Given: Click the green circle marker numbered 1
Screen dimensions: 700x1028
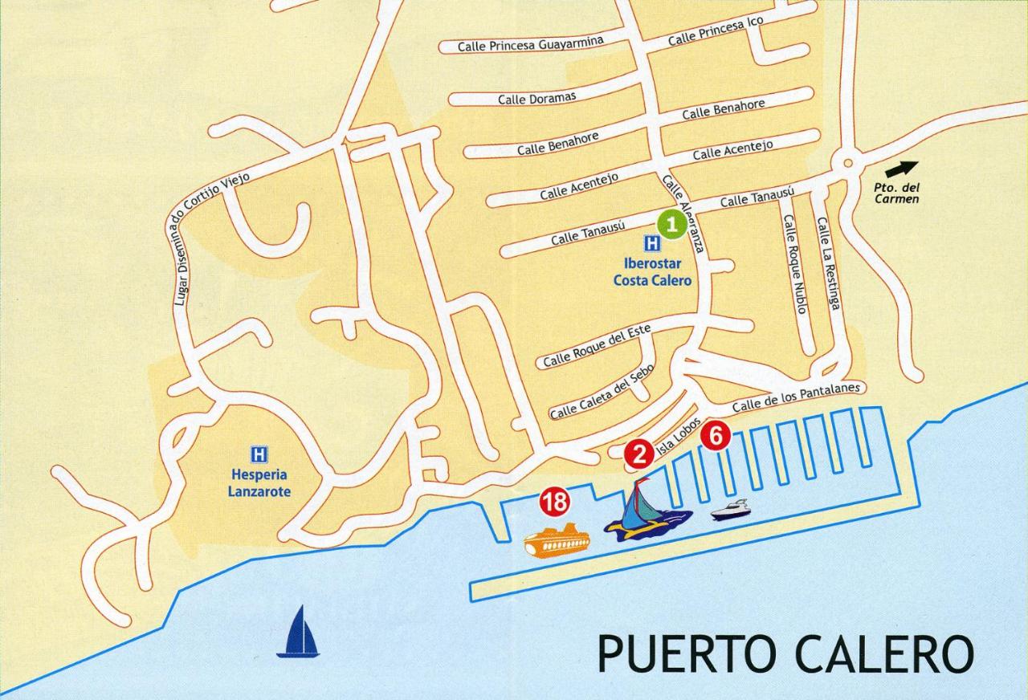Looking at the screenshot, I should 672,225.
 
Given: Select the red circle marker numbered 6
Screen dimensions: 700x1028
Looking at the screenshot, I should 716,437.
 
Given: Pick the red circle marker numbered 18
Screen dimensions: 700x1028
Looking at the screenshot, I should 554,503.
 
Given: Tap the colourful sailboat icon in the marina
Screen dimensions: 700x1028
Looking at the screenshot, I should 646,515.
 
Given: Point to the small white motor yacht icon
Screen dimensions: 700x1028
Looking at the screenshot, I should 730,510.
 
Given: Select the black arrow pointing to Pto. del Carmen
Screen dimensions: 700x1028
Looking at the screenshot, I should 901,169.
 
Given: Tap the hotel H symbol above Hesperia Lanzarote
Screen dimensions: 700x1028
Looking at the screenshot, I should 259,454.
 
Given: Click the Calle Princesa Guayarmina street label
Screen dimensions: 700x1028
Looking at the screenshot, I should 530,44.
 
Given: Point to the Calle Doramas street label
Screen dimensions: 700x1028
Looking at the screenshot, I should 536,99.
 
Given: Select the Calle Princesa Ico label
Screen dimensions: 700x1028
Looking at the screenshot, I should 716,31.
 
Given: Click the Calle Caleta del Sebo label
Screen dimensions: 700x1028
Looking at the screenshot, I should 602,392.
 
